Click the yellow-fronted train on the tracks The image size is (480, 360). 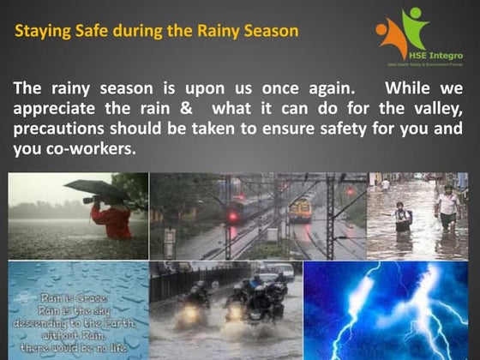coord(299,209)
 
